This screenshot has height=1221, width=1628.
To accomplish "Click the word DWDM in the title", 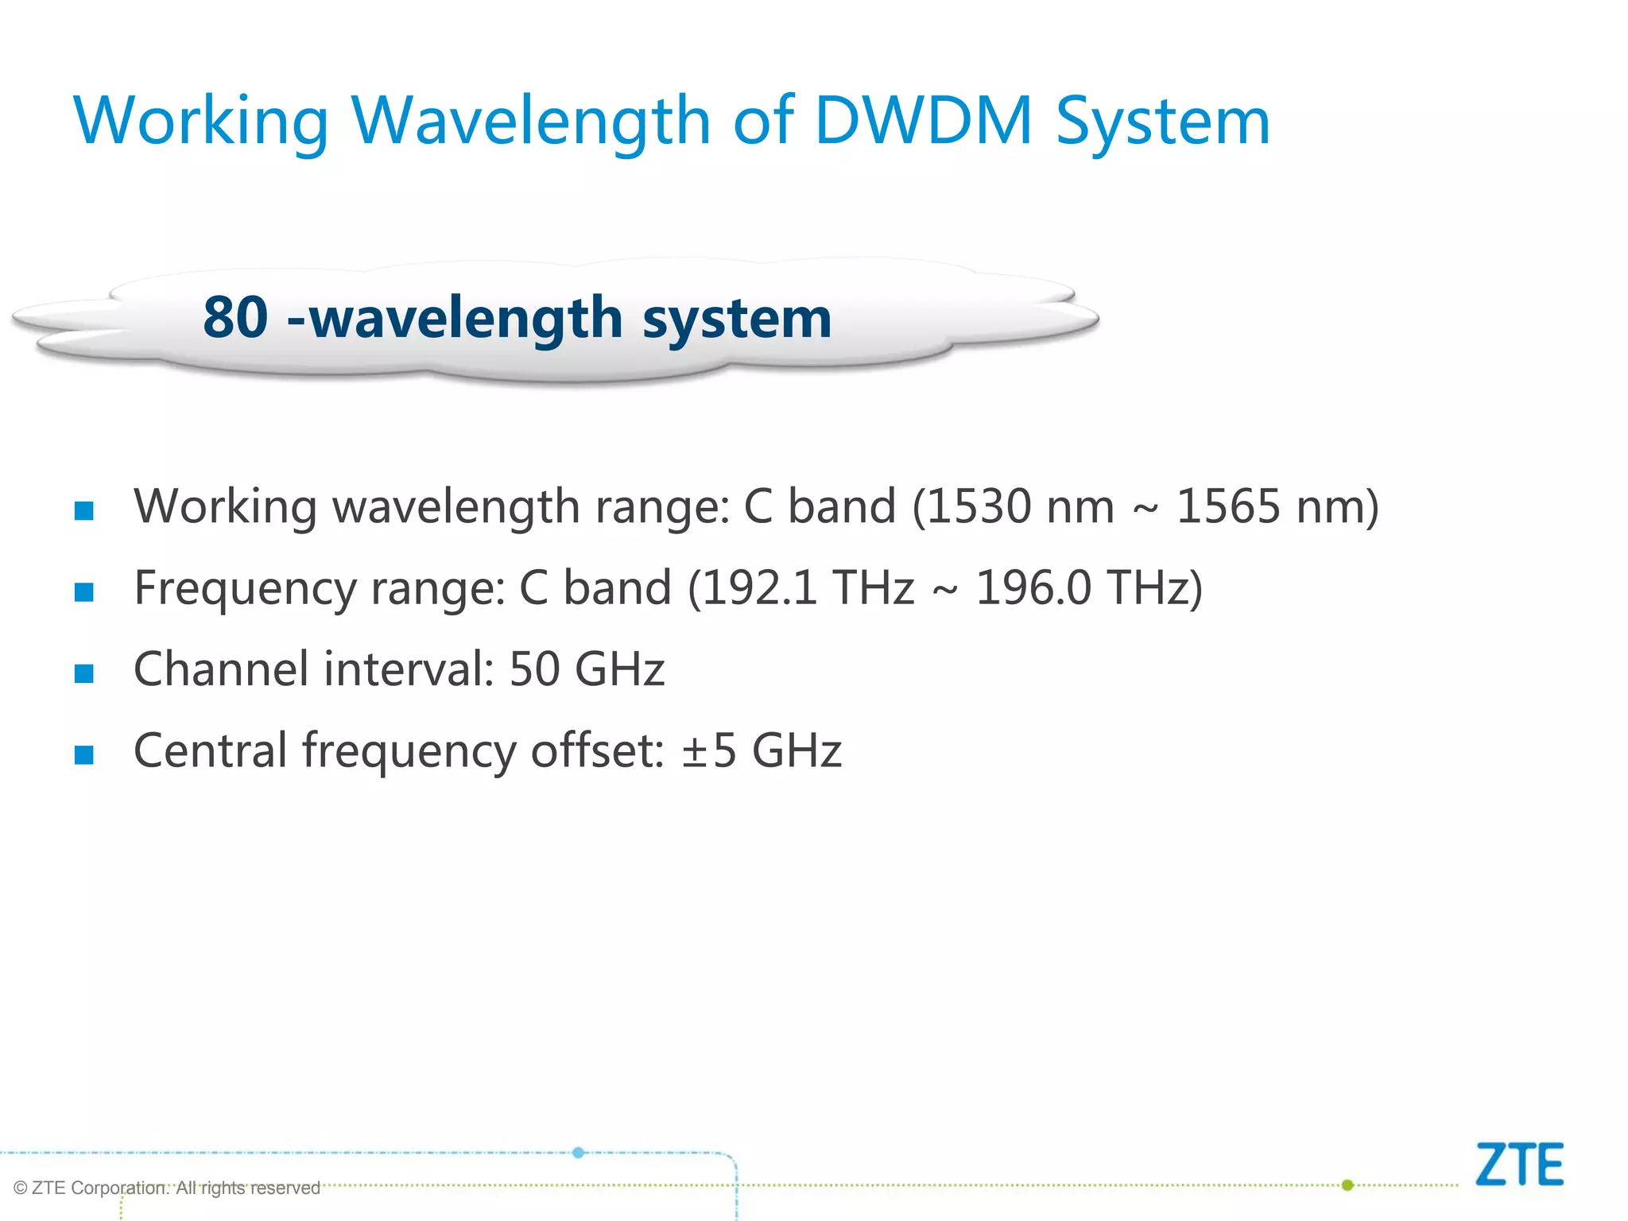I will pyautogui.click(x=923, y=121).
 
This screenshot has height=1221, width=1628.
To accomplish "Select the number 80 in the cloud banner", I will pyautogui.click(x=235, y=316).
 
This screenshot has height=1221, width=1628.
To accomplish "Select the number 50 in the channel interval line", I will pyautogui.click(x=534, y=669).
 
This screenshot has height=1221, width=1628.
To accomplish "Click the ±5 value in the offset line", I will pyautogui.click(x=709, y=750).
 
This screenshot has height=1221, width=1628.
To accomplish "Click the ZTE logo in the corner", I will pyautogui.click(x=1519, y=1165).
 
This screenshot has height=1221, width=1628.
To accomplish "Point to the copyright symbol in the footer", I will pyautogui.click(x=21, y=1188).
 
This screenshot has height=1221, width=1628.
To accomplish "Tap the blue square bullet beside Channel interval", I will pyautogui.click(x=84, y=673).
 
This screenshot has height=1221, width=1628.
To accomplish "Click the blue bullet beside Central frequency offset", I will pyautogui.click(x=84, y=754).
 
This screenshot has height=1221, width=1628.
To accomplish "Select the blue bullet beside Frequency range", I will pyautogui.click(x=84, y=592).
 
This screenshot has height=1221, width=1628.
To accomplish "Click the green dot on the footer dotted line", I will pyautogui.click(x=1347, y=1185).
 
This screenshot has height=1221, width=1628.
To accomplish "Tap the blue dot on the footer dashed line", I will pyautogui.click(x=579, y=1153).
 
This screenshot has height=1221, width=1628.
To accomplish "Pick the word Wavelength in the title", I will pyautogui.click(x=531, y=121).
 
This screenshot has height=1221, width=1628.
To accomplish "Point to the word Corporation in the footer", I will pyautogui.click(x=119, y=1188).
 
